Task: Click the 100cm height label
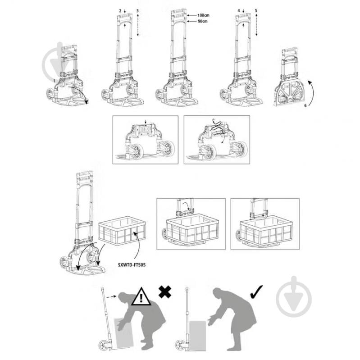click(203, 15)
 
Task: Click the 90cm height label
click(203, 21)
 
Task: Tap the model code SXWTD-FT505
click(132, 265)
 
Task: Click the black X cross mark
click(165, 292)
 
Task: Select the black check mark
click(256, 292)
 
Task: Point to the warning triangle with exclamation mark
click(141, 297)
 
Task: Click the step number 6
click(305, 105)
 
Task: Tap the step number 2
click(120, 11)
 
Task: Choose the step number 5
click(256, 10)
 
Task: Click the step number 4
click(239, 10)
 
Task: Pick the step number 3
click(137, 11)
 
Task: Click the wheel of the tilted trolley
click(104, 345)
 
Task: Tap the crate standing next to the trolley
click(122, 230)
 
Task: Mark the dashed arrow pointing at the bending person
click(111, 296)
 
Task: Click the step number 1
click(54, 81)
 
